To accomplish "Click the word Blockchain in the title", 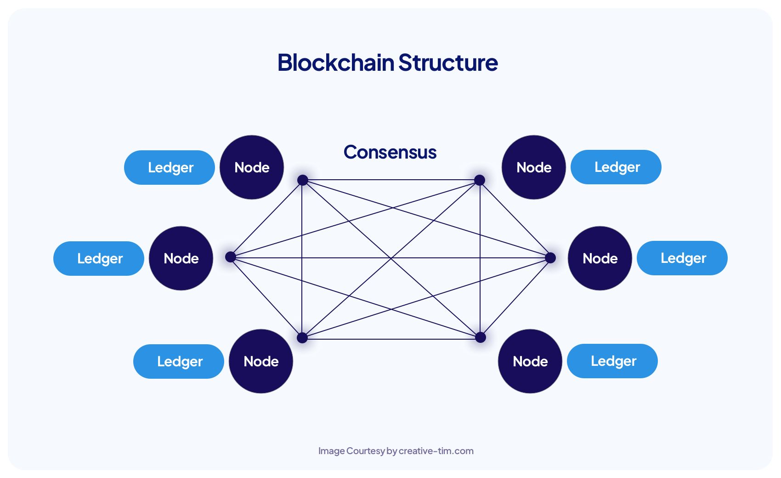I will pyautogui.click(x=336, y=63).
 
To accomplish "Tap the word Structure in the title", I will pyautogui.click(x=448, y=63).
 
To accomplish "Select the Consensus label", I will pyautogui.click(x=390, y=152).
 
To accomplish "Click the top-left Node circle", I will pyautogui.click(x=252, y=167).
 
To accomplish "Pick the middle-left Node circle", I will pyautogui.click(x=181, y=258).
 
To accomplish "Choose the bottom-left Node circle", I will pyautogui.click(x=261, y=361).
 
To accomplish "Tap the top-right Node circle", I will pyautogui.click(x=534, y=167).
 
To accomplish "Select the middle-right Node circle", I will pyautogui.click(x=600, y=258).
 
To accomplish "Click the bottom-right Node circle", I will pyautogui.click(x=530, y=361).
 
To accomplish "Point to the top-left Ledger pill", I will pyautogui.click(x=170, y=167).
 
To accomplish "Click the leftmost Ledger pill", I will pyautogui.click(x=99, y=258).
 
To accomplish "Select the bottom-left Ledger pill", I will pyautogui.click(x=179, y=361).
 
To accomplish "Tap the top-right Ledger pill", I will pyautogui.click(x=616, y=167).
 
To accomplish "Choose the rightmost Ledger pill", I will pyautogui.click(x=682, y=258).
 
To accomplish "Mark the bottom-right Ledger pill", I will pyautogui.click(x=612, y=361).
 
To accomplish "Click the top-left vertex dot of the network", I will pyautogui.click(x=302, y=180).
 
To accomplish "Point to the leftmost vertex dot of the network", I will pyautogui.click(x=231, y=257).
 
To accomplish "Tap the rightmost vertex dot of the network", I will pyautogui.click(x=550, y=258).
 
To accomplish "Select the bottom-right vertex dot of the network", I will pyautogui.click(x=481, y=337).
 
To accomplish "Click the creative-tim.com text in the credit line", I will pyautogui.click(x=436, y=451).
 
